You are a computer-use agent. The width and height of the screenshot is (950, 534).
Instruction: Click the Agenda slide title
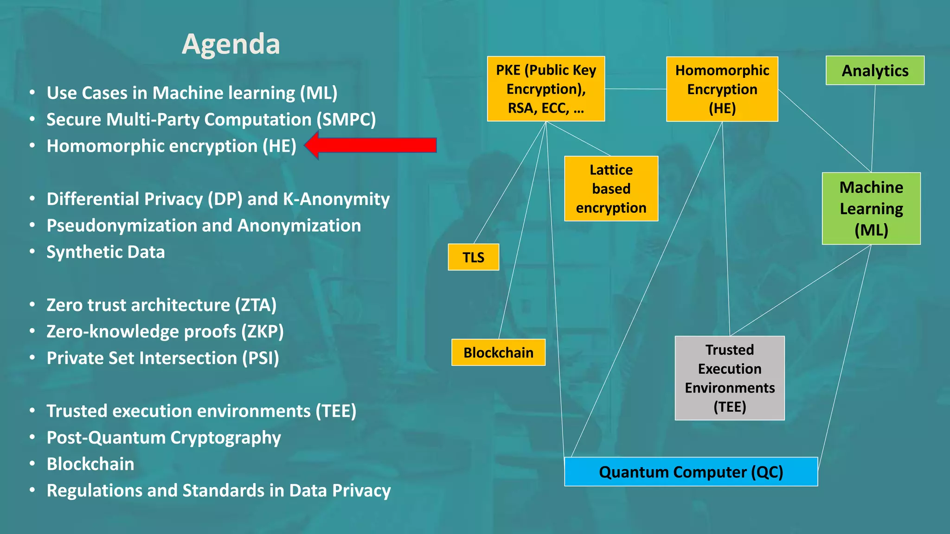[x=231, y=44]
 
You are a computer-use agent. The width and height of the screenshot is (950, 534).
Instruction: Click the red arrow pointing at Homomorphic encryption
[x=371, y=146]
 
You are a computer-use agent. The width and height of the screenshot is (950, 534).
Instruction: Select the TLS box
[x=473, y=257]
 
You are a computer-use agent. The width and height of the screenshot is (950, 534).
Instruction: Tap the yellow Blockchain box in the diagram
[x=498, y=353]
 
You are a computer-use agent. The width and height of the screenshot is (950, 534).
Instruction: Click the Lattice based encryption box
[x=611, y=189]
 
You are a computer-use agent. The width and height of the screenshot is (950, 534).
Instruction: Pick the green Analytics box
[x=875, y=70]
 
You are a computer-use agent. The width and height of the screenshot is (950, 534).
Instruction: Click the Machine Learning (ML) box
[x=871, y=209]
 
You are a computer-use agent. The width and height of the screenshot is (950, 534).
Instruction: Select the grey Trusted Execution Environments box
[x=730, y=378]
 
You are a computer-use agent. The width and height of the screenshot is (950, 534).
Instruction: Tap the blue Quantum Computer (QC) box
[x=691, y=472]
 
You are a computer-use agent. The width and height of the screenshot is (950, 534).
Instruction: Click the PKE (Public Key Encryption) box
[x=546, y=89]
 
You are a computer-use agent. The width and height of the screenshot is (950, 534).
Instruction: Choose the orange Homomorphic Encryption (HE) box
[x=722, y=89]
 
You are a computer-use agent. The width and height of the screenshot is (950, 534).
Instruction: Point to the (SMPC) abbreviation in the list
[x=346, y=120]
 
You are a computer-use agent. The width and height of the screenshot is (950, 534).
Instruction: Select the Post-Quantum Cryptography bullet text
[x=164, y=438]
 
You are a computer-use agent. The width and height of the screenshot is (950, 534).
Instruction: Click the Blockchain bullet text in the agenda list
[x=90, y=464]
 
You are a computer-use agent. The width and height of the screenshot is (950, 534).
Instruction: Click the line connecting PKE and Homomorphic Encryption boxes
[x=635, y=89]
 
